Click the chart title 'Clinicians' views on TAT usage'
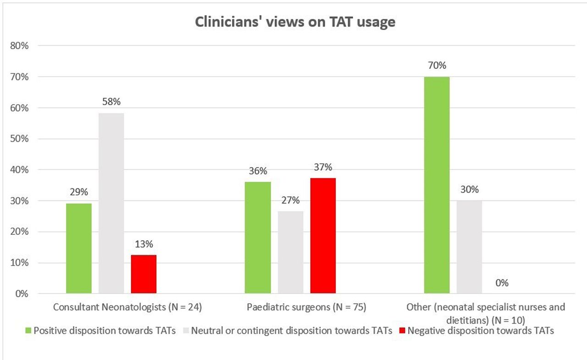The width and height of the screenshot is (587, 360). pos(295,22)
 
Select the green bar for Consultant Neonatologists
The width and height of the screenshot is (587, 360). pos(79,248)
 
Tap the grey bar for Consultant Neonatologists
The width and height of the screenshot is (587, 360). pos(111,203)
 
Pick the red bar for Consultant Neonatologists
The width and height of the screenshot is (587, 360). pos(144,274)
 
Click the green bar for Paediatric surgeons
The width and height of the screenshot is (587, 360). pos(258,238)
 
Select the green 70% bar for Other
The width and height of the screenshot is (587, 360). pos(437,185)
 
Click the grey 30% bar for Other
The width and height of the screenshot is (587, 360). pos(469,247)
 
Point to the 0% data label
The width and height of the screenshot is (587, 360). pos(502,283)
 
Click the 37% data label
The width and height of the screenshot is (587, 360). pos(323,167)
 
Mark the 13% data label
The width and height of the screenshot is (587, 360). pos(144,244)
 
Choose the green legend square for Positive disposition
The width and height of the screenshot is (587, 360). pos(28,331)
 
